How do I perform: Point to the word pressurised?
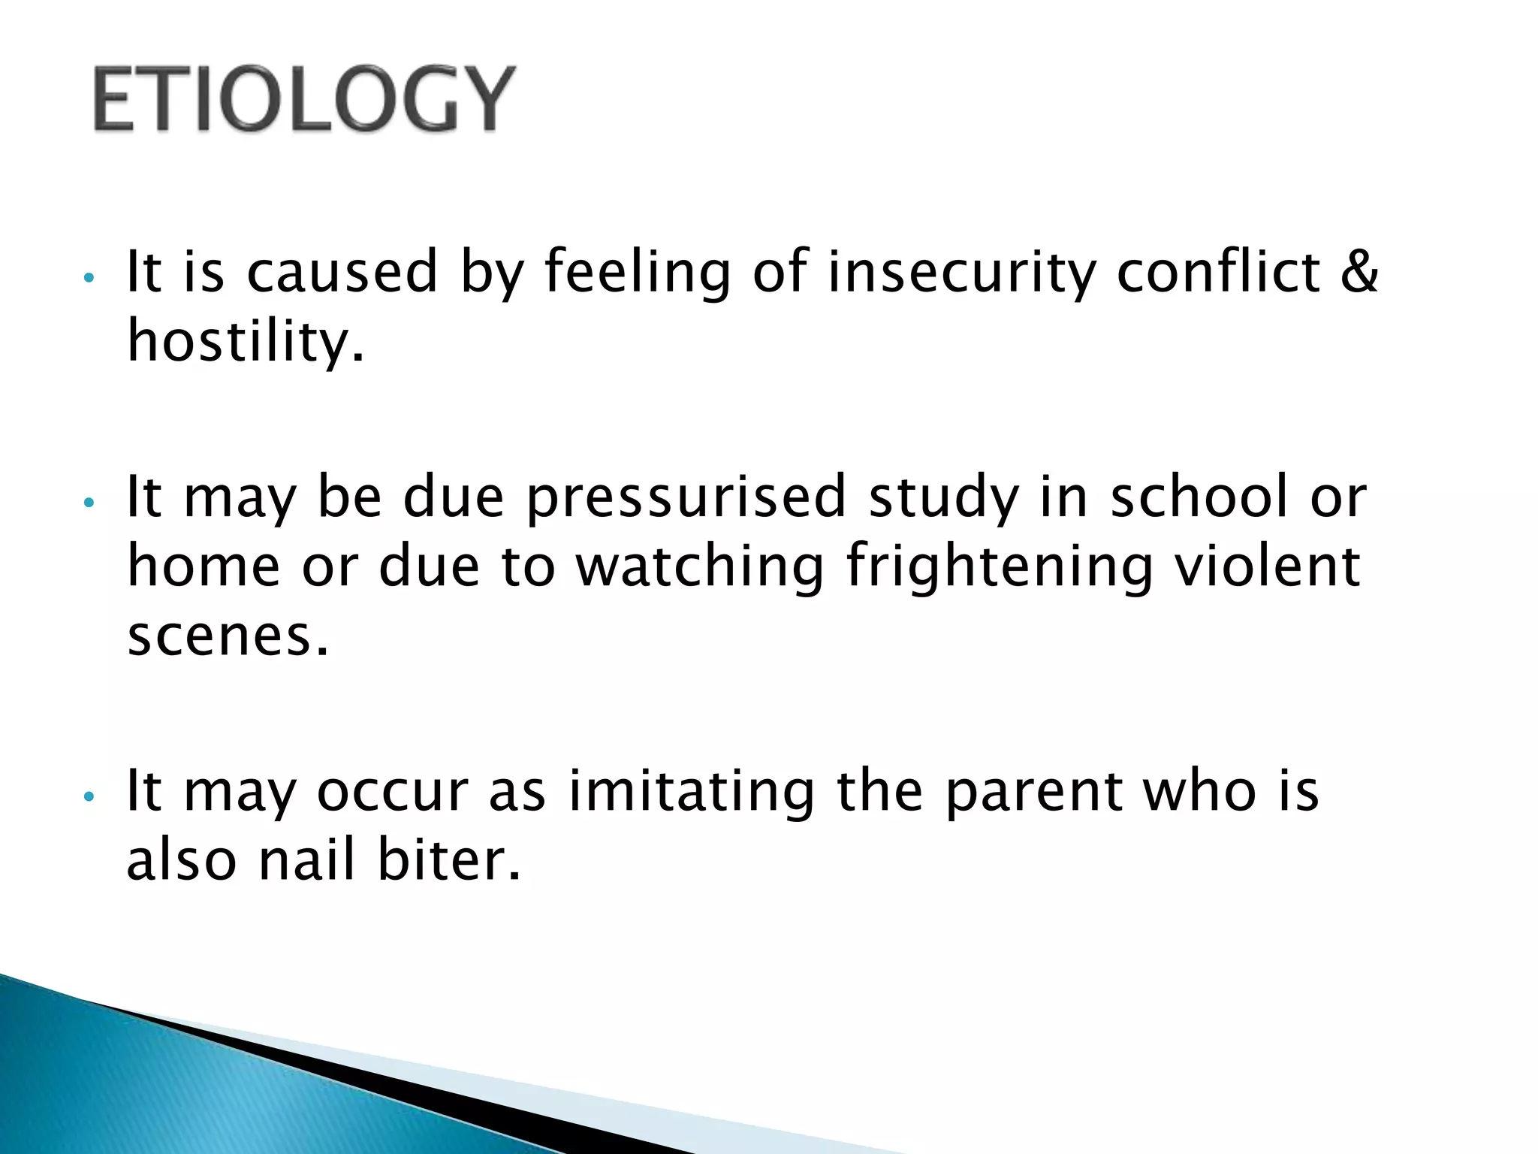[x=686, y=497]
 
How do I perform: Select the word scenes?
[x=228, y=636]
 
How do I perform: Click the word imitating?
[x=691, y=791]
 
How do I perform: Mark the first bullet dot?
[x=89, y=277]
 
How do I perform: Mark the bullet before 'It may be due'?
[x=89, y=503]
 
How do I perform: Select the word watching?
[x=700, y=567]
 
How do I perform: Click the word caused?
[x=342, y=272]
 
